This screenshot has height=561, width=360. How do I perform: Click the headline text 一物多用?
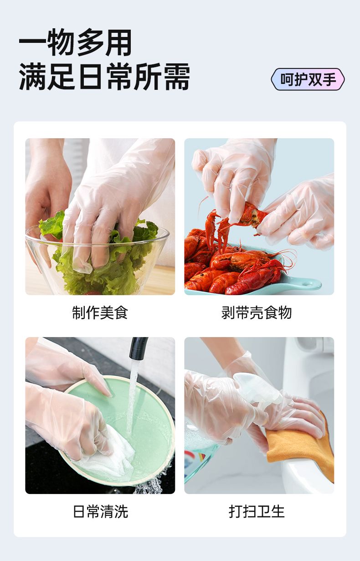coord(75,42)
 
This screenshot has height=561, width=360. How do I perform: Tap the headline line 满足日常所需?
coord(104,76)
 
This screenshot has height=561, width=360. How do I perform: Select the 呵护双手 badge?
coord(308,79)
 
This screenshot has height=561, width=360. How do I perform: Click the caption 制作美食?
coord(100,312)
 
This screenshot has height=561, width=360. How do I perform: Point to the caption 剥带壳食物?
coord(257,312)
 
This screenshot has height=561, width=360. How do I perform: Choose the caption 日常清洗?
coord(101,511)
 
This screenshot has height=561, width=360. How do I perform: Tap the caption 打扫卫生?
coord(257,511)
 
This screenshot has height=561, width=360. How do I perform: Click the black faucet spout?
coord(138,348)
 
